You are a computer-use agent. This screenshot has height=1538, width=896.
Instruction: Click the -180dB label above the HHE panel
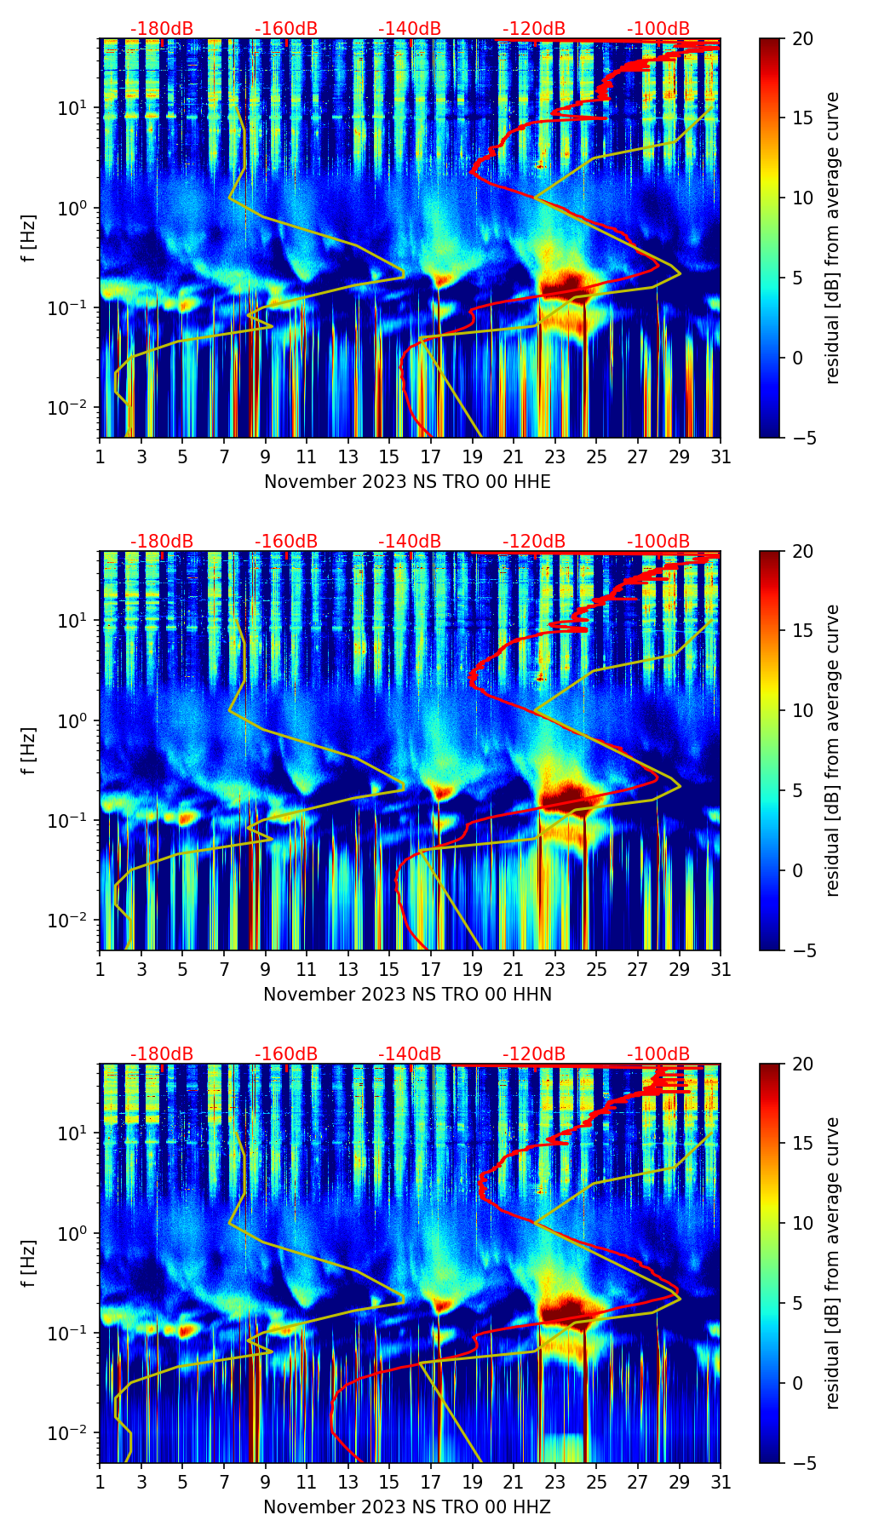(162, 29)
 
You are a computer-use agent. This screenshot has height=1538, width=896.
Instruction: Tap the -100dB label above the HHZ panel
(658, 1054)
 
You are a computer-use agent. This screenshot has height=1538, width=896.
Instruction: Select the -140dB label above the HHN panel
(410, 542)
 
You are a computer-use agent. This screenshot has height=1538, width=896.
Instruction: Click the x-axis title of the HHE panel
(407, 482)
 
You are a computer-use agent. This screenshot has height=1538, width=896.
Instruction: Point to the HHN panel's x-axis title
(407, 995)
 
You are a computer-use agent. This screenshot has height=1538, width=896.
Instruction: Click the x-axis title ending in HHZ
(407, 1507)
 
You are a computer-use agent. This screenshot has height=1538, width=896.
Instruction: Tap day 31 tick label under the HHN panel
(721, 971)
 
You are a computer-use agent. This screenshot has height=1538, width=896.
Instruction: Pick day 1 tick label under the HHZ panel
(101, 1483)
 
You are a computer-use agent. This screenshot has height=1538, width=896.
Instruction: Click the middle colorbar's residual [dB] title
(832, 750)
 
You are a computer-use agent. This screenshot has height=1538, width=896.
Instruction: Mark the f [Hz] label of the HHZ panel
(29, 1263)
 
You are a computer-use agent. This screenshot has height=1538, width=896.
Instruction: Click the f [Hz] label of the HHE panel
(29, 238)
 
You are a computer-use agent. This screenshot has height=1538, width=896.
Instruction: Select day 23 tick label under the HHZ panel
(555, 1483)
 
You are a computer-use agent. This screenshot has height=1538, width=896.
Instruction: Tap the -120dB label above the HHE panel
(534, 29)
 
